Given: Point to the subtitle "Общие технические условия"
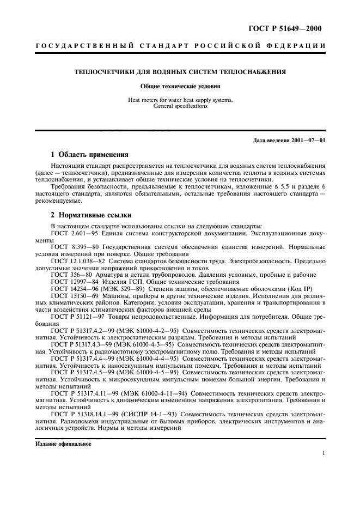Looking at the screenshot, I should click(180, 86).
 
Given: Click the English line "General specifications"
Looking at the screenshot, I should click(180, 106).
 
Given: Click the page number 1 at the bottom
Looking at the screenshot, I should click(323, 453).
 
